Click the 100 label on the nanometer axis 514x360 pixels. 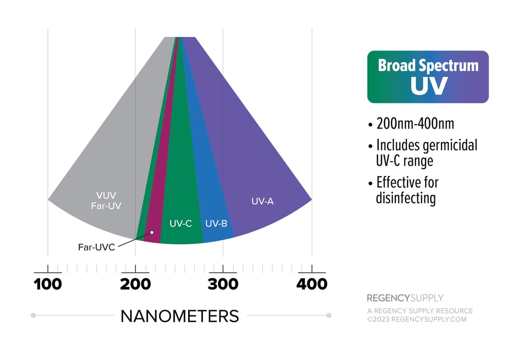[48, 283]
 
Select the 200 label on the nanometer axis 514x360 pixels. [135, 283]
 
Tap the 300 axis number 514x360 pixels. [223, 283]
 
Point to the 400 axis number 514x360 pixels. [311, 283]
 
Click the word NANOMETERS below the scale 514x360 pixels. [179, 316]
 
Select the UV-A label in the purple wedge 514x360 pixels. [262, 201]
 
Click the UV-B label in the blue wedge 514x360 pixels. [216, 224]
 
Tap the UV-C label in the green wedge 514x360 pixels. [180, 224]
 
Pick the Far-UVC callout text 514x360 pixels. [96, 247]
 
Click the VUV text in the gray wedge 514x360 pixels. [106, 195]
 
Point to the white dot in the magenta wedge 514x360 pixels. [152, 232]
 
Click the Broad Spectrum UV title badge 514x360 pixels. [428, 77]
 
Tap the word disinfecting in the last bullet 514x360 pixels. [406, 198]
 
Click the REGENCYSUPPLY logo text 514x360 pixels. [405, 298]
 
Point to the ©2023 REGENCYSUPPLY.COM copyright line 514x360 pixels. [416, 319]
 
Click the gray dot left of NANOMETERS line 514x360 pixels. [33, 315]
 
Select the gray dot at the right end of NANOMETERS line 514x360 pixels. [329, 315]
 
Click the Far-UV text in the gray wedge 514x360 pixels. [106, 206]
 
